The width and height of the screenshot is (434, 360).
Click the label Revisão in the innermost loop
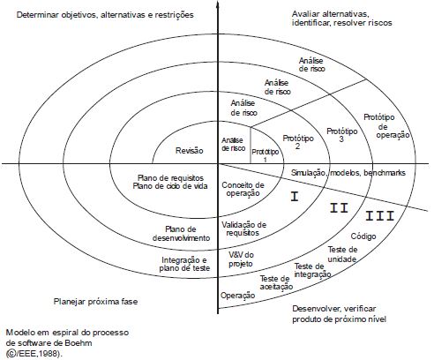click(x=190, y=151)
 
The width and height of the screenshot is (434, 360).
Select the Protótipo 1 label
click(x=266, y=155)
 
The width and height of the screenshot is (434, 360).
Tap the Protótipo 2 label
click(x=298, y=142)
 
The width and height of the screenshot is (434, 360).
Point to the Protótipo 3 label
click(x=342, y=135)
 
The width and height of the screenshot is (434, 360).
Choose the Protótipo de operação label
click(x=386, y=126)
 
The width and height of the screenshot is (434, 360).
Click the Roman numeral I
click(x=295, y=196)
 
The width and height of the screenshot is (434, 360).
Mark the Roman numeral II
click(x=339, y=208)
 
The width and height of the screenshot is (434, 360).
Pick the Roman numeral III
click(x=380, y=216)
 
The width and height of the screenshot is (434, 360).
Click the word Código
click(x=363, y=236)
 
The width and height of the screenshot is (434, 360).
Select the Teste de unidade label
click(x=342, y=254)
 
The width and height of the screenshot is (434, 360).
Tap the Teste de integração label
click(x=313, y=270)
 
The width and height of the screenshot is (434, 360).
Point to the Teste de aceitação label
click(x=276, y=282)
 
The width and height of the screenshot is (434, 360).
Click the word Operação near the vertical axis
click(x=238, y=296)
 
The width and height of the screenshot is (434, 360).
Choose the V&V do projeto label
click(x=241, y=259)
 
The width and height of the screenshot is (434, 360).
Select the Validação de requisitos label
click(x=243, y=229)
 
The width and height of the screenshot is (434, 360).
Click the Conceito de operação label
click(x=243, y=189)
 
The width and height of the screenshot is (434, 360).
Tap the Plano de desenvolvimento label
click(x=181, y=234)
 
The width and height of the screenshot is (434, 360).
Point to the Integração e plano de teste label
click(x=184, y=264)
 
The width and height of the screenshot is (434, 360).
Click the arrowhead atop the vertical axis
click(x=218, y=4)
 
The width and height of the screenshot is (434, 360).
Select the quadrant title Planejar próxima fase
click(x=95, y=302)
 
